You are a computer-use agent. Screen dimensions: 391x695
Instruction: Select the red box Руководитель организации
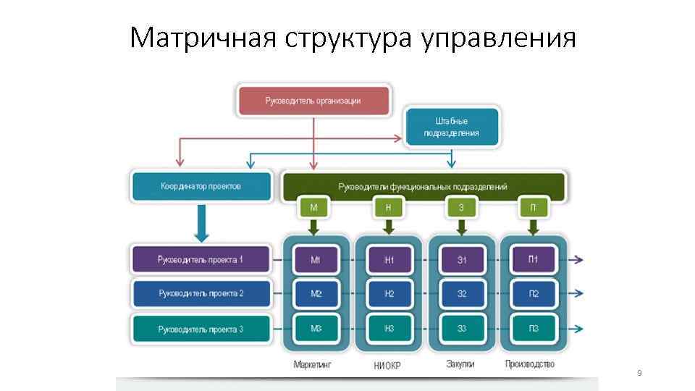tap(313, 101)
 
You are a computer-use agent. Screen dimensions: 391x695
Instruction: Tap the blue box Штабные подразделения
tap(452, 127)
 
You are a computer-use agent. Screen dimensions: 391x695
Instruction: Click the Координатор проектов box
tap(201, 187)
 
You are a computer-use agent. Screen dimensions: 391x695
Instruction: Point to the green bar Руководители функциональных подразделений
tap(423, 187)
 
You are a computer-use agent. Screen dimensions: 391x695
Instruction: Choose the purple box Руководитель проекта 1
tap(201, 259)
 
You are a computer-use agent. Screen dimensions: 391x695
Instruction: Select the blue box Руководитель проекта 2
tap(201, 294)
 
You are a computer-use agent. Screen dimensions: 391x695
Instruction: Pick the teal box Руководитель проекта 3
tap(201, 329)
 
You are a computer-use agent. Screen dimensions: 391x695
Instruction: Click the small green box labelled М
tap(313, 208)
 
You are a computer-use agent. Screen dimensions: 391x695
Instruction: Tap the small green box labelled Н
tap(388, 208)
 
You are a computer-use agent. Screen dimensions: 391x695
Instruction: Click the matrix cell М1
tap(316, 260)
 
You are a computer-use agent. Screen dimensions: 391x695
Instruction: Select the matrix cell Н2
tap(389, 294)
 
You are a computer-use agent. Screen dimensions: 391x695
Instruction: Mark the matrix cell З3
tap(461, 329)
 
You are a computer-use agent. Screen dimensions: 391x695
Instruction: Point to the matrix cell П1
tap(533, 260)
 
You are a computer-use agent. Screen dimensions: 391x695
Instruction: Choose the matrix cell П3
tap(533, 329)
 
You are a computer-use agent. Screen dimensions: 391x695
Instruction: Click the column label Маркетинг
tap(312, 364)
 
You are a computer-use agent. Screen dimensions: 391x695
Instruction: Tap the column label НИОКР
tap(387, 366)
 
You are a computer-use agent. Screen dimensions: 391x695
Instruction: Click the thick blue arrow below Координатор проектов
tap(202, 224)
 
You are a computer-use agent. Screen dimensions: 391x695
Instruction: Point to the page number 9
tap(639, 373)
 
